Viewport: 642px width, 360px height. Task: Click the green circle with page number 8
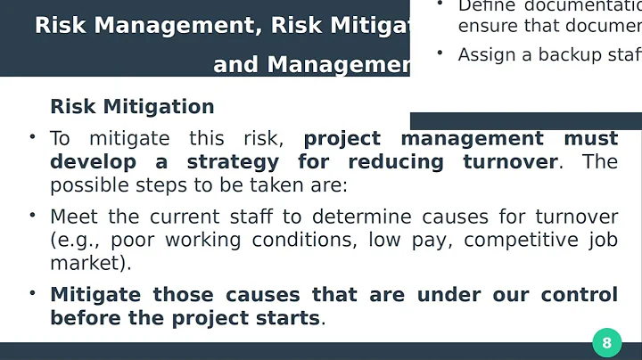pyautogui.click(x=606, y=343)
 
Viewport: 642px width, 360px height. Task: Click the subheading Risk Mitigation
pyautogui.click(x=132, y=107)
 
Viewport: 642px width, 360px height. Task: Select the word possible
pyautogui.click(x=86, y=185)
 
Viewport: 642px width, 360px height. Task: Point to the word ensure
pyautogui.click(x=486, y=26)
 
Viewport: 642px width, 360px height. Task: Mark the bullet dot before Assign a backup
pyautogui.click(x=440, y=53)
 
